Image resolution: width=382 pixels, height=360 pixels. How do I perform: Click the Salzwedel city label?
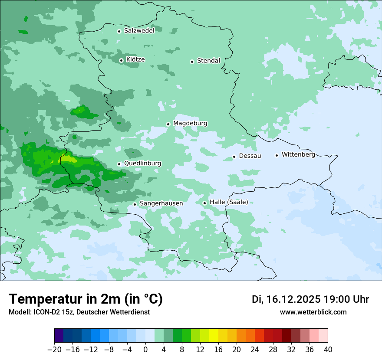(x=139, y=31)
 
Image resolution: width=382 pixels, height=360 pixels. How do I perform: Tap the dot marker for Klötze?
(x=121, y=60)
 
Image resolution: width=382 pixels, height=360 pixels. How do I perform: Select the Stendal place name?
(x=208, y=61)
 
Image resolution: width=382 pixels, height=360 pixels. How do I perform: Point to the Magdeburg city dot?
(x=168, y=124)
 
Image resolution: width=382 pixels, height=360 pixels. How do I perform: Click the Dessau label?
(x=250, y=156)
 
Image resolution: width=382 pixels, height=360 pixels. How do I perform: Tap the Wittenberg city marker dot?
(x=277, y=155)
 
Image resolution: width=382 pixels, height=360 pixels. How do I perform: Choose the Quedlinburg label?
(x=142, y=164)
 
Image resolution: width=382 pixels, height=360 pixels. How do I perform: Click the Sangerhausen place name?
(x=161, y=203)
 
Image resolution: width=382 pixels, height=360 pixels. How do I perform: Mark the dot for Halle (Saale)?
(x=204, y=203)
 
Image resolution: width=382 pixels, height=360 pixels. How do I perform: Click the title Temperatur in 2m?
(x=86, y=299)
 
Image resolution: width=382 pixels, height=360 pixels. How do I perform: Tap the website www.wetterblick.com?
(x=313, y=312)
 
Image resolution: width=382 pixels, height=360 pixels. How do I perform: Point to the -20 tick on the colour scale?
(x=54, y=350)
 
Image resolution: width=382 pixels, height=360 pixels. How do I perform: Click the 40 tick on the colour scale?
(x=328, y=350)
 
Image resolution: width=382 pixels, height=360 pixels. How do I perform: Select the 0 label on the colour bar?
(x=145, y=350)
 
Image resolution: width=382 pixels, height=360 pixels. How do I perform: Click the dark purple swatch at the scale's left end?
(x=59, y=336)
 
